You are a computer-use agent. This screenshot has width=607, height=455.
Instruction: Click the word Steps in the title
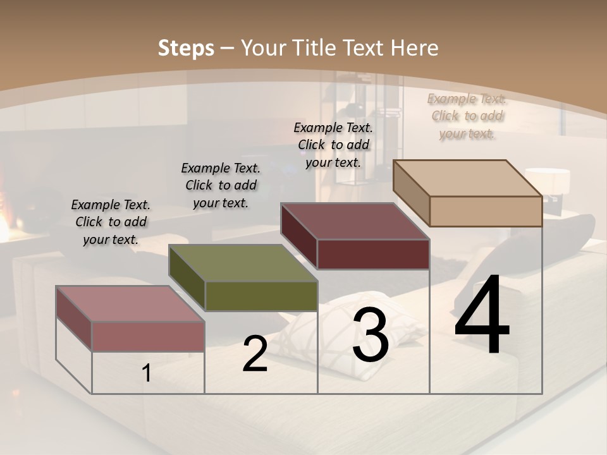point(186,48)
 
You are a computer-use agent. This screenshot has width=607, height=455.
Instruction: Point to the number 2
point(255,355)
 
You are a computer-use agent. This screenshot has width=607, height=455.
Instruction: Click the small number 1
point(147,373)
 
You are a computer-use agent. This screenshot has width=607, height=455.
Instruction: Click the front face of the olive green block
point(262,296)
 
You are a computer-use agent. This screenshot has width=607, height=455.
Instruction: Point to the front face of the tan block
point(486,211)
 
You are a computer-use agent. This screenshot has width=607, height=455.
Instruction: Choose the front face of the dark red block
point(373,254)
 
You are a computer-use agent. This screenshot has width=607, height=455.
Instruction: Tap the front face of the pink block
point(148,336)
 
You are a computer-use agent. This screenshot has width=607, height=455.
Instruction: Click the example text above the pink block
point(111,222)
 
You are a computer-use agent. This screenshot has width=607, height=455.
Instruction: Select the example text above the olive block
point(221,185)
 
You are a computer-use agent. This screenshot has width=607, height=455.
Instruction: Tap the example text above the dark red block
point(333,145)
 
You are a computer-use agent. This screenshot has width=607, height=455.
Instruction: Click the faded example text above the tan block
point(467,116)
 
